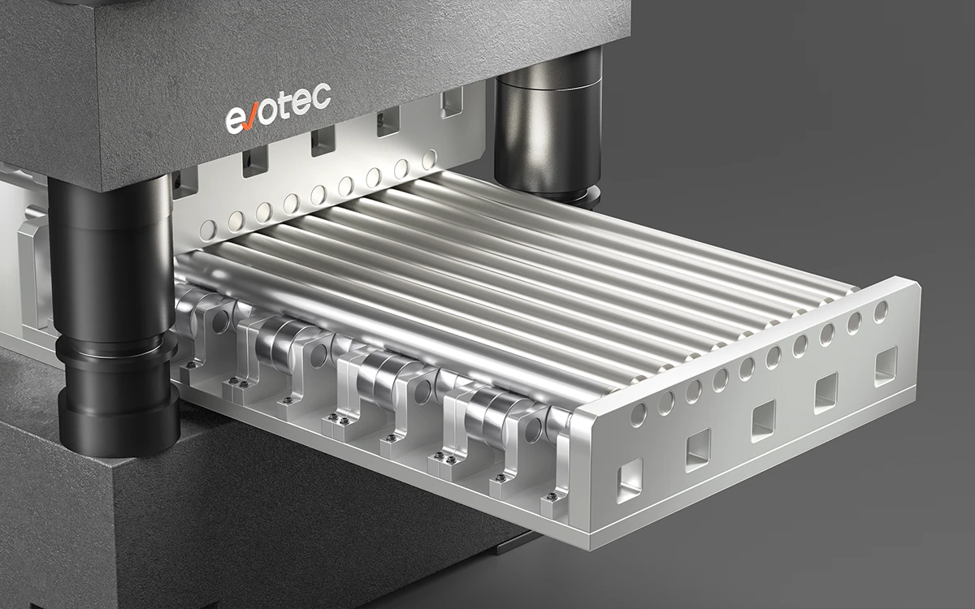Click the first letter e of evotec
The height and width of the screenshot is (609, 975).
click(x=234, y=120)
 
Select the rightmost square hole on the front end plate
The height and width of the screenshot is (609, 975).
click(x=886, y=366)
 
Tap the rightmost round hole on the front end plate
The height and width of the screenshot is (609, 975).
click(x=881, y=312)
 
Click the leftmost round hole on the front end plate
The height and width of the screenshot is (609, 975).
click(x=639, y=414)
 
